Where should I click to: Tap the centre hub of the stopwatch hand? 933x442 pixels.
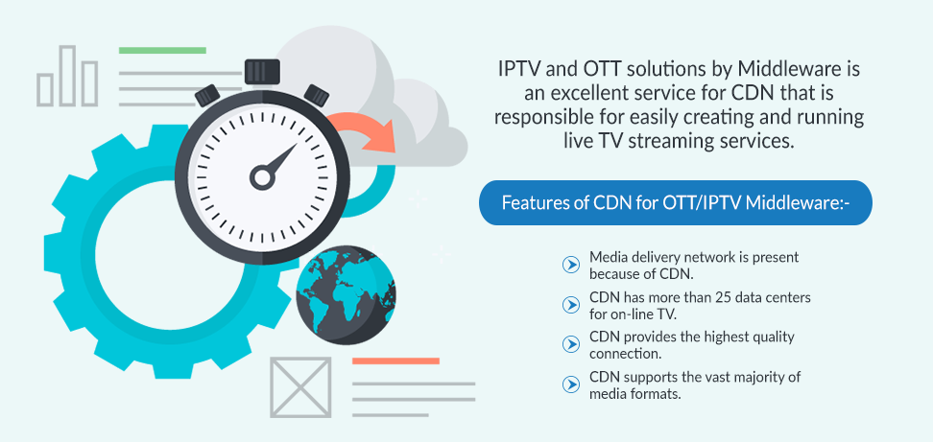(262, 177)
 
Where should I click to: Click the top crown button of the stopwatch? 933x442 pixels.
(262, 71)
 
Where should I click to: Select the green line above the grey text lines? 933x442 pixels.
(162, 51)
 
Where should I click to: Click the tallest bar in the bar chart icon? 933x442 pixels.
(67, 76)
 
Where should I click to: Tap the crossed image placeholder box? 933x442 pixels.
(300, 386)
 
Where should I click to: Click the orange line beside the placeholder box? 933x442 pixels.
(395, 361)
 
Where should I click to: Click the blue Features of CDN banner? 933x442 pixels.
(676, 202)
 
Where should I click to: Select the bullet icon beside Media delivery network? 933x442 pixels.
(571, 265)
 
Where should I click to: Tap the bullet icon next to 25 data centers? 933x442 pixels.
(571, 305)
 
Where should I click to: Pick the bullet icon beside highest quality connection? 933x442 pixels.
(571, 344)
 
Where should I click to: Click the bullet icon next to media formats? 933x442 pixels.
(571, 384)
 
